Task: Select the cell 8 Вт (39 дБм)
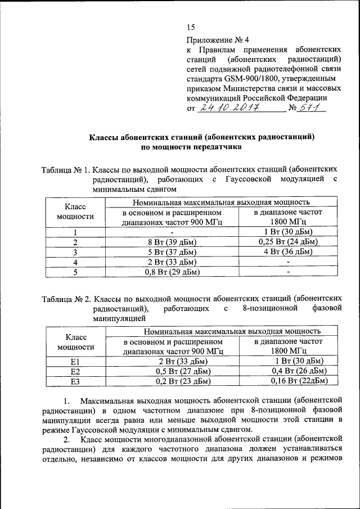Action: coord(172,242)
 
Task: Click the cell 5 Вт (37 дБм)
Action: coord(172,252)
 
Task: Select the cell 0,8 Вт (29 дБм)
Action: coord(172,272)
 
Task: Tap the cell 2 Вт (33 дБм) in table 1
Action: coord(172,262)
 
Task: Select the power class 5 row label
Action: coord(75,272)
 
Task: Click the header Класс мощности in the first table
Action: coord(75,211)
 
